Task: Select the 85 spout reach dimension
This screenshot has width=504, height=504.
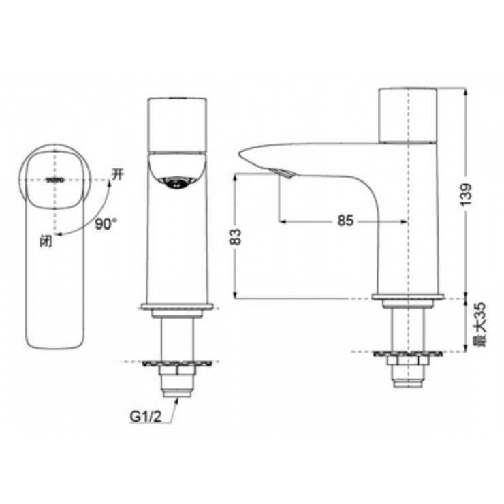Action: tap(345, 221)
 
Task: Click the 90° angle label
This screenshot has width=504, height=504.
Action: tap(106, 223)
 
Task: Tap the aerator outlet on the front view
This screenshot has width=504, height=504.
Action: tap(177, 183)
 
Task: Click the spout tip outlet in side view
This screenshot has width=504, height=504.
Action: tap(285, 174)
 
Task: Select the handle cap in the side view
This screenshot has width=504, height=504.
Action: tap(407, 114)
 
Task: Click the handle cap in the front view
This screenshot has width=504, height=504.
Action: tap(177, 124)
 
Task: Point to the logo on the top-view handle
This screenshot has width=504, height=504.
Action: tap(54, 180)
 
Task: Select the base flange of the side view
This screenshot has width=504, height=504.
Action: tap(407, 298)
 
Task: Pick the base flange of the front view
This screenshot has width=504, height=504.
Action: tap(177, 307)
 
